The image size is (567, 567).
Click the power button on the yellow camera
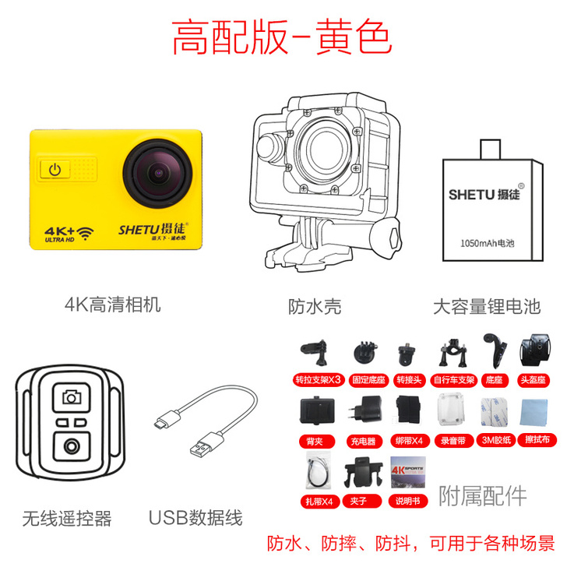pos(55,169)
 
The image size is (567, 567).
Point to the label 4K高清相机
pos(113,305)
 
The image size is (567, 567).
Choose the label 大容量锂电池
pos(487,305)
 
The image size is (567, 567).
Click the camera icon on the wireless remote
pos(72,397)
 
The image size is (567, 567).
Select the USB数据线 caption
pos(195,518)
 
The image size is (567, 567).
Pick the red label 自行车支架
pos(455,380)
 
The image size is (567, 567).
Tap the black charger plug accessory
pos(361,410)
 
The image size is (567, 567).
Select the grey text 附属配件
pos(482,495)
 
